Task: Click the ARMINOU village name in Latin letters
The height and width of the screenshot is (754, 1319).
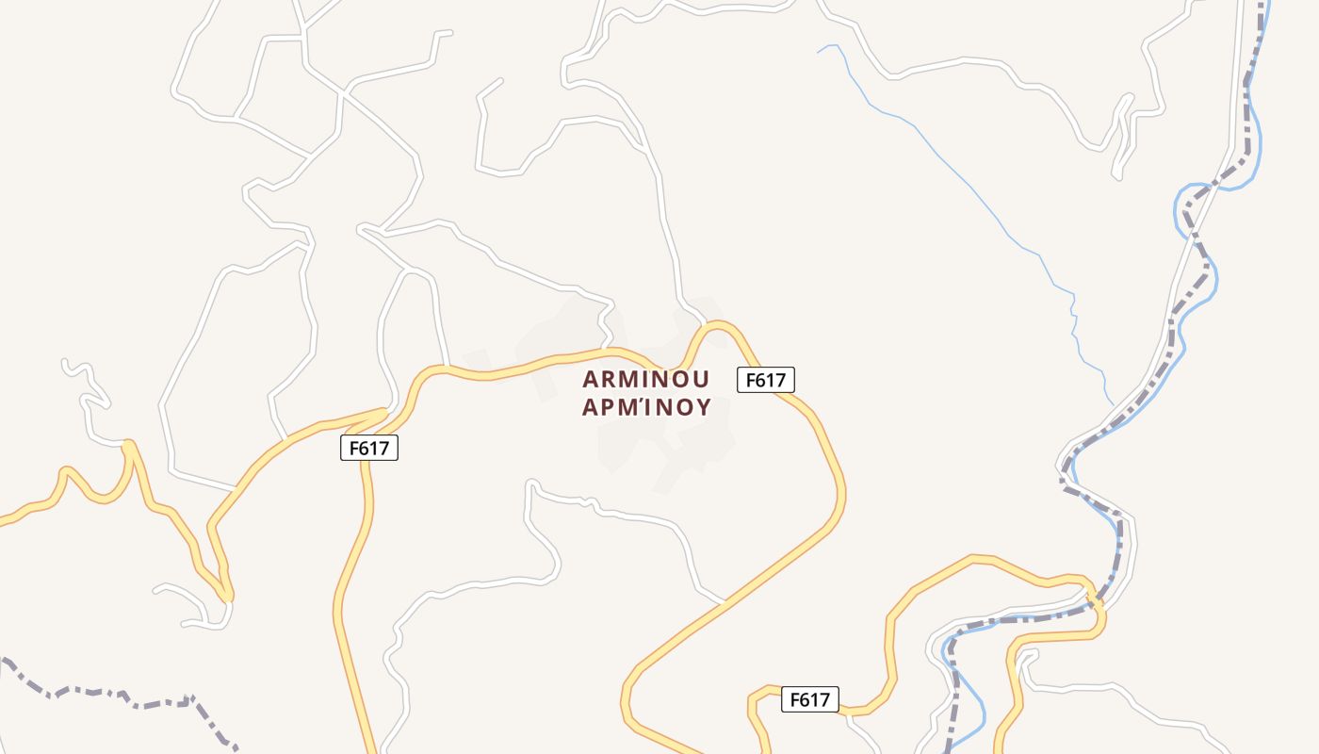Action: tap(645, 379)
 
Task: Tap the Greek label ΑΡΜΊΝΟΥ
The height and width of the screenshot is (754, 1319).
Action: tap(645, 407)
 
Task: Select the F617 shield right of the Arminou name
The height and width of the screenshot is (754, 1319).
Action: tap(765, 380)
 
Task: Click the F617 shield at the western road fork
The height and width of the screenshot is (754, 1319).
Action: tap(369, 449)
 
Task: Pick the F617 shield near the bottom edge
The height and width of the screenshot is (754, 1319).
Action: tap(809, 699)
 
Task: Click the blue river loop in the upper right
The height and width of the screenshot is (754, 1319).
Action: tap(1189, 198)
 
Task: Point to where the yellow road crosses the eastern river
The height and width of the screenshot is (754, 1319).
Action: tap(1093, 596)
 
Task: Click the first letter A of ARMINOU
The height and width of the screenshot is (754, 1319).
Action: tap(590, 379)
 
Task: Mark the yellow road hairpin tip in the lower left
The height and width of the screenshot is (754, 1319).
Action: tap(227, 595)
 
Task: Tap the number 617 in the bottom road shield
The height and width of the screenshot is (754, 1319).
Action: tap(815, 699)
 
